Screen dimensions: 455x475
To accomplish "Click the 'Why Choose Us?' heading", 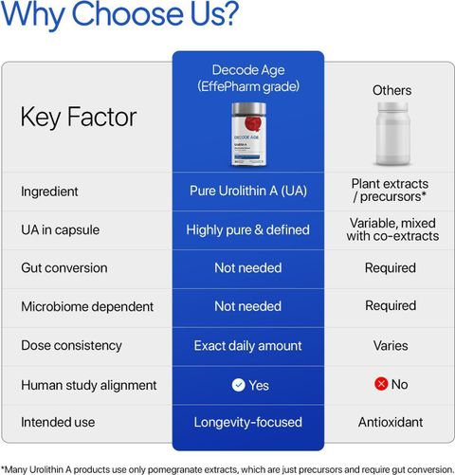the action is click(x=119, y=14).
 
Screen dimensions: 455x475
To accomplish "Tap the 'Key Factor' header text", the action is click(x=79, y=118).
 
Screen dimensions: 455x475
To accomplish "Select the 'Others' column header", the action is click(x=391, y=91).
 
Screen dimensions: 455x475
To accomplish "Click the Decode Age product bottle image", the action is click(x=248, y=134).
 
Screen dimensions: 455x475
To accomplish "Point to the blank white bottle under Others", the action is click(x=392, y=134).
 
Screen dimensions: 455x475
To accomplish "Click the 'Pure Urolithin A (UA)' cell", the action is click(x=248, y=191).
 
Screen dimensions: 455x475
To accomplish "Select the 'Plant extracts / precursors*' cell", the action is click(x=390, y=191).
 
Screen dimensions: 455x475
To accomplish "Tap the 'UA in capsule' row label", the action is click(x=60, y=230).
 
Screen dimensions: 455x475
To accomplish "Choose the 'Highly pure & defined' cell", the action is click(x=247, y=230).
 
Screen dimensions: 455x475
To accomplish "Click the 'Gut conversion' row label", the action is click(x=64, y=268).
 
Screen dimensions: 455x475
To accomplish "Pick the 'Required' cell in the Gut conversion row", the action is click(x=391, y=268).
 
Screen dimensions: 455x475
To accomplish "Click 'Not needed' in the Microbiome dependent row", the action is click(x=248, y=306).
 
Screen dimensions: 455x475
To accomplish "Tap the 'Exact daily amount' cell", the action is click(x=248, y=346).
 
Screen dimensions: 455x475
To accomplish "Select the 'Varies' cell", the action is click(x=391, y=345).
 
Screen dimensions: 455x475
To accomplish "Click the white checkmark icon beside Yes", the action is click(x=239, y=385).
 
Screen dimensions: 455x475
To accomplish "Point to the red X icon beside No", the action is click(x=381, y=384).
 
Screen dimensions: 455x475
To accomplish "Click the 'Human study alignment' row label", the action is click(x=89, y=385).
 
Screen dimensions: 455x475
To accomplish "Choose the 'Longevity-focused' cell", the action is click(x=248, y=423).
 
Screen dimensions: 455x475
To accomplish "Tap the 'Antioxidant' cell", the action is click(x=391, y=422).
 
